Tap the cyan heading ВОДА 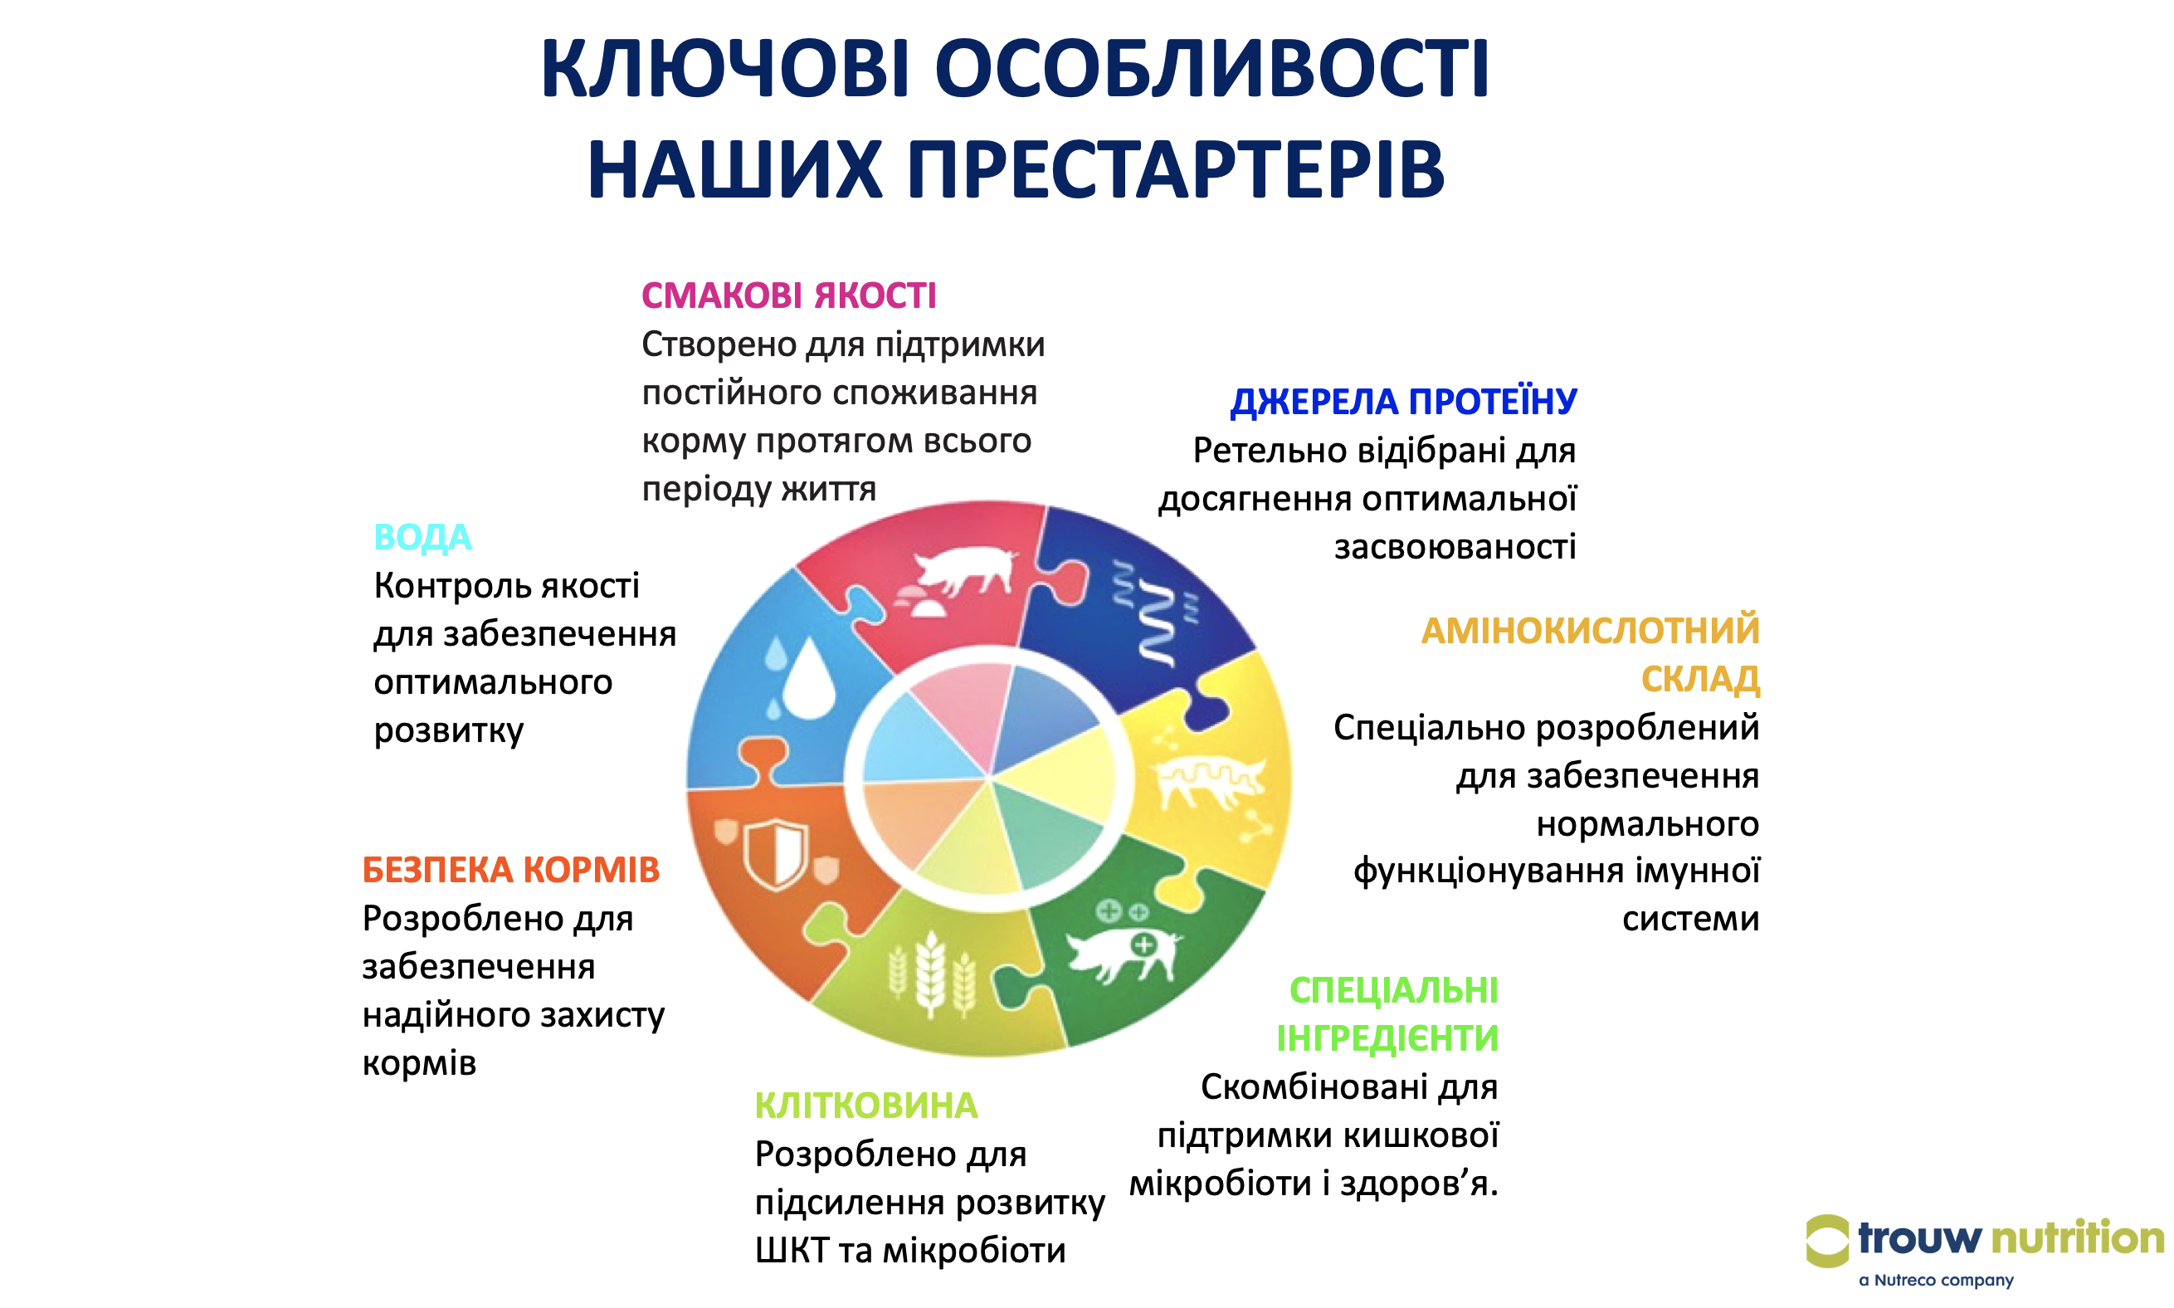coord(422,538)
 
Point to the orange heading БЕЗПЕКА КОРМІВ coord(510,870)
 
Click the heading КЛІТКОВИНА coord(865,1105)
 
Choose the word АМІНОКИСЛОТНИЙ coord(1589,631)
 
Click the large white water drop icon coord(808,680)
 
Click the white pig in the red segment coord(965,569)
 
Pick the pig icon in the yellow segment coord(1209,781)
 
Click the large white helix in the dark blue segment coord(1158,622)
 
